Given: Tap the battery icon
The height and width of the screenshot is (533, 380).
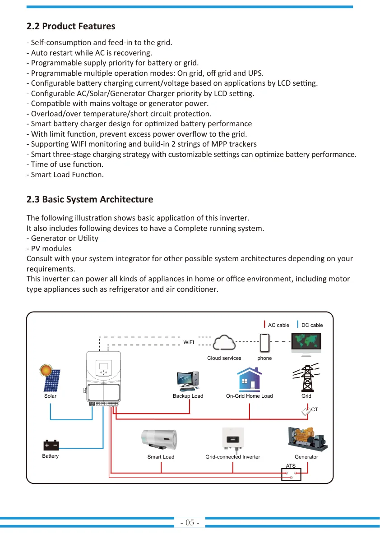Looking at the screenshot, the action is tap(51, 445).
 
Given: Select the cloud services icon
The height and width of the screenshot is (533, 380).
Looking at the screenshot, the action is tap(224, 342).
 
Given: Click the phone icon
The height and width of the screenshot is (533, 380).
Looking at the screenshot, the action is tap(264, 343).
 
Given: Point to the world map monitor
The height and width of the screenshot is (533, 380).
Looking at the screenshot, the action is tap(306, 344).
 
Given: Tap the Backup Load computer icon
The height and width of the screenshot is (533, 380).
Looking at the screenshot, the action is tap(188, 381).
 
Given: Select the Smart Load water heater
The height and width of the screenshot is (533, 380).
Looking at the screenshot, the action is tap(159, 440).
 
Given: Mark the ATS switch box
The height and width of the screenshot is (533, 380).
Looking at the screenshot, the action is tap(291, 475).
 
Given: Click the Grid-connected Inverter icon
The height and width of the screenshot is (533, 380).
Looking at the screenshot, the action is tap(233, 439).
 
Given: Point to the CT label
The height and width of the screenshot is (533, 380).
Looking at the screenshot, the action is tap(315, 409).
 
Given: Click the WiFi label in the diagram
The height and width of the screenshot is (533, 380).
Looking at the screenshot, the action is tap(189, 342).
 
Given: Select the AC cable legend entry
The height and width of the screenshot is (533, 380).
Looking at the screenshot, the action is tap(276, 325).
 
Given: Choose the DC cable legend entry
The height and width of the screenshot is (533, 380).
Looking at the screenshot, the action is tap(310, 325).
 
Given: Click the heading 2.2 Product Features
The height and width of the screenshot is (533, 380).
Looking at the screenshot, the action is tap(71, 26).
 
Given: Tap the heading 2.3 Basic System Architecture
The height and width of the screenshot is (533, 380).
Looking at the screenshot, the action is tap(90, 199).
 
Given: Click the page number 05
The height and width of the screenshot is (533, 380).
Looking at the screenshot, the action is tap(190, 523).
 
